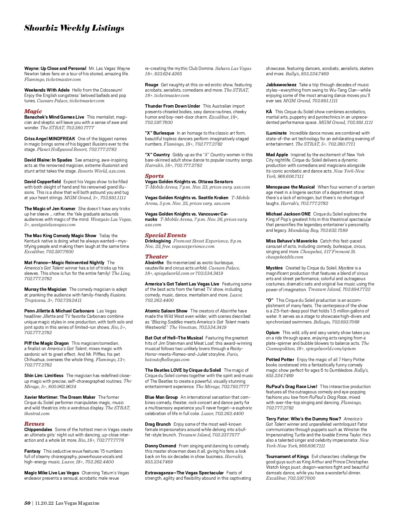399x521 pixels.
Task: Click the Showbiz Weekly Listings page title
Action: [x=74, y=28]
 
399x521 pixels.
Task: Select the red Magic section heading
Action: [x=33, y=111]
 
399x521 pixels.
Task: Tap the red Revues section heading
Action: [x=34, y=424]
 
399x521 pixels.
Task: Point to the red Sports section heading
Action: [x=154, y=176]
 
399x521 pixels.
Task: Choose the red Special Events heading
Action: [x=166, y=235]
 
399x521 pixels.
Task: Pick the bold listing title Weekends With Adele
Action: [x=47, y=90]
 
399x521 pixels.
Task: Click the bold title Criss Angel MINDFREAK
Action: [x=50, y=139]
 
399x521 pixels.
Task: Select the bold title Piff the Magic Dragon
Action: [x=47, y=343]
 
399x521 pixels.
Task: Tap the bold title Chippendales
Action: [x=38, y=429]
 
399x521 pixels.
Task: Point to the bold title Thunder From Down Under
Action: [x=173, y=106]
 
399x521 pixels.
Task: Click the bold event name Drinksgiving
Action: [x=158, y=241]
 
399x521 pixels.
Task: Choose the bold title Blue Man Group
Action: [x=161, y=397]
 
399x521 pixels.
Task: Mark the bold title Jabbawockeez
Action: [x=281, y=85]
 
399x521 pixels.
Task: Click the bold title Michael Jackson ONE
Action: [x=288, y=214]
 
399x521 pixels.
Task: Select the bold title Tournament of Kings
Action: [x=287, y=456]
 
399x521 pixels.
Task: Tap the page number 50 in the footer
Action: [x=27, y=503]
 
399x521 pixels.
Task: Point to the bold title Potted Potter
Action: [x=280, y=359]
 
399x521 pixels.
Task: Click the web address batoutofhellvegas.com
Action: [x=167, y=359]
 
